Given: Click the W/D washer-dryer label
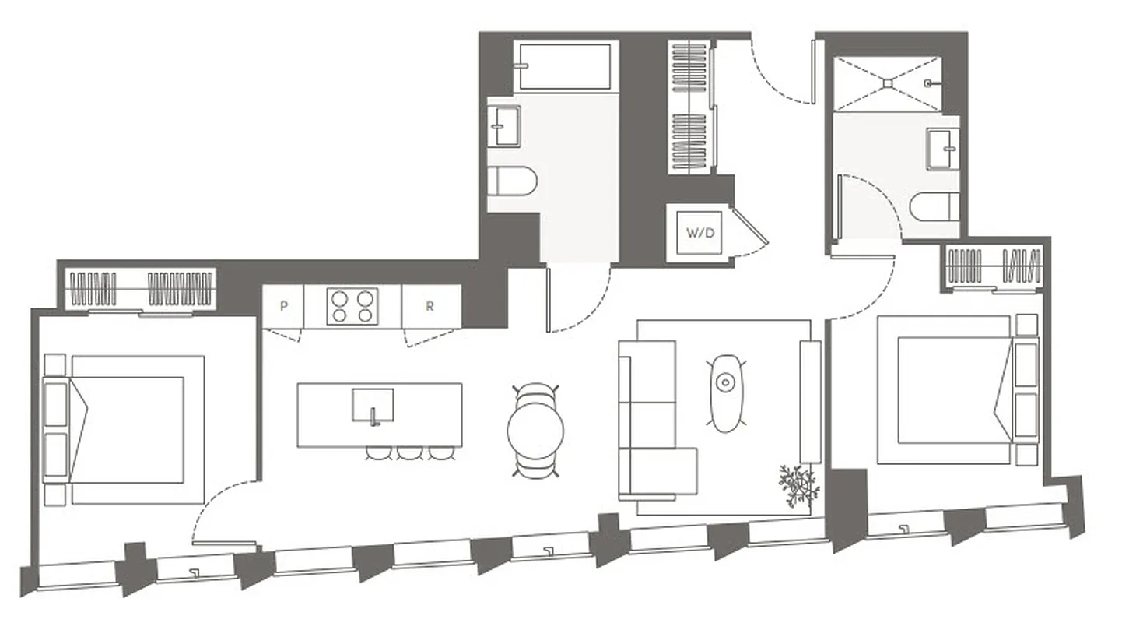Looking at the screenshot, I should click(x=699, y=232).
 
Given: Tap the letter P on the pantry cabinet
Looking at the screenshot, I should click(x=283, y=306).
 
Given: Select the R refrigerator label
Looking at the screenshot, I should click(x=430, y=306).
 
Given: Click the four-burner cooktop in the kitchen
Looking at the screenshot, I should click(x=352, y=305).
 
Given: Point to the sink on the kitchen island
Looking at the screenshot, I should click(x=373, y=406).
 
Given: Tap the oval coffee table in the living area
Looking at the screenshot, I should click(x=726, y=392).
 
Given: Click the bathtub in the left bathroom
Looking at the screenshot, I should click(x=565, y=66).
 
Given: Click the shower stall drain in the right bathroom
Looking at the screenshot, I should click(x=887, y=82).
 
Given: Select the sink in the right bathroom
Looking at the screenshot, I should click(x=943, y=148).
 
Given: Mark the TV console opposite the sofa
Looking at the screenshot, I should click(x=811, y=401).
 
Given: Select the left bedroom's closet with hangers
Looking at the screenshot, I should click(x=140, y=288).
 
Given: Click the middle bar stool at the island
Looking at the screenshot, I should click(x=410, y=452).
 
